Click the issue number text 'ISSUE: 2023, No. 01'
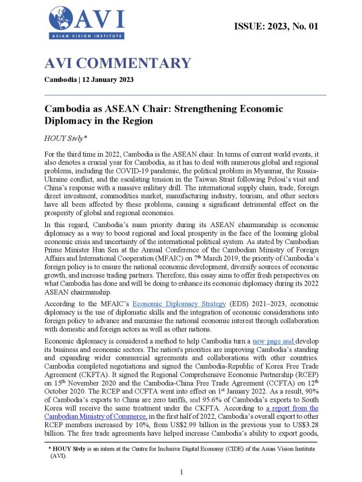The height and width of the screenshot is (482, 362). (x=276, y=26)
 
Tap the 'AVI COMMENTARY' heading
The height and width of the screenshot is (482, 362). (x=118, y=63)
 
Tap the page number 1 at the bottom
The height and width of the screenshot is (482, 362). (x=181, y=472)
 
